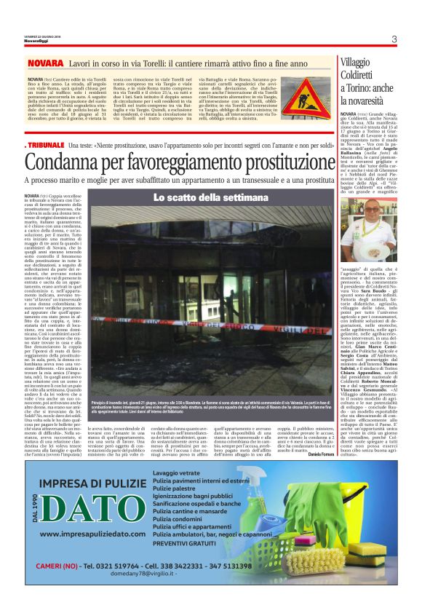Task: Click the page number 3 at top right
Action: pyautogui.click(x=393, y=39)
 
